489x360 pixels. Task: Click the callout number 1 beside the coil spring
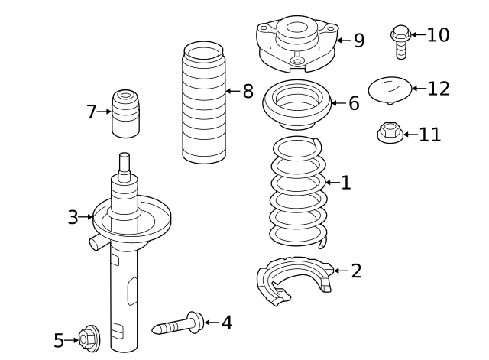point(345,183)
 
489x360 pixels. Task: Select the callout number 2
point(356,271)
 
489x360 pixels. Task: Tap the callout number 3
point(73,218)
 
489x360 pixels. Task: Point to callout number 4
point(226,323)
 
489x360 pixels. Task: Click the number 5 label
point(59,341)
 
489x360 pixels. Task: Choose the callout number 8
point(248,92)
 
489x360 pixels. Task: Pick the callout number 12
point(439,89)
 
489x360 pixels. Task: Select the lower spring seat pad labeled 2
point(294,283)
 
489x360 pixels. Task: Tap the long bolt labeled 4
point(180,326)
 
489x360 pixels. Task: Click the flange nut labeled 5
point(89,339)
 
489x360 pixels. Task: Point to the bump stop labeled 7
point(125,115)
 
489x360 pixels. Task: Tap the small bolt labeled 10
point(400,42)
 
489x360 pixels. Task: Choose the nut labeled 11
point(390,134)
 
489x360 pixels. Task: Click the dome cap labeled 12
point(390,89)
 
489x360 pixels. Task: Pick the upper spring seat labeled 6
point(296,104)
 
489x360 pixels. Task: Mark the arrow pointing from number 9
point(343,40)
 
